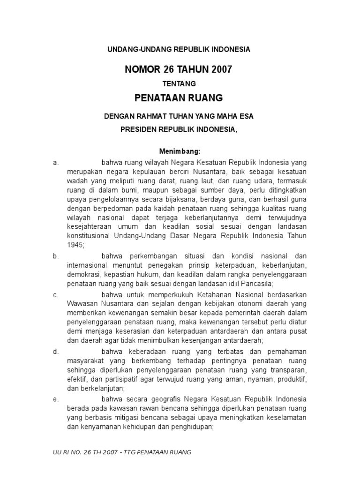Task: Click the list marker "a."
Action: tap(55, 163)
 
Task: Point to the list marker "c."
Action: tap(55, 295)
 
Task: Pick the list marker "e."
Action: tap(55, 399)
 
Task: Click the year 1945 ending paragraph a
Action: tap(75, 245)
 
